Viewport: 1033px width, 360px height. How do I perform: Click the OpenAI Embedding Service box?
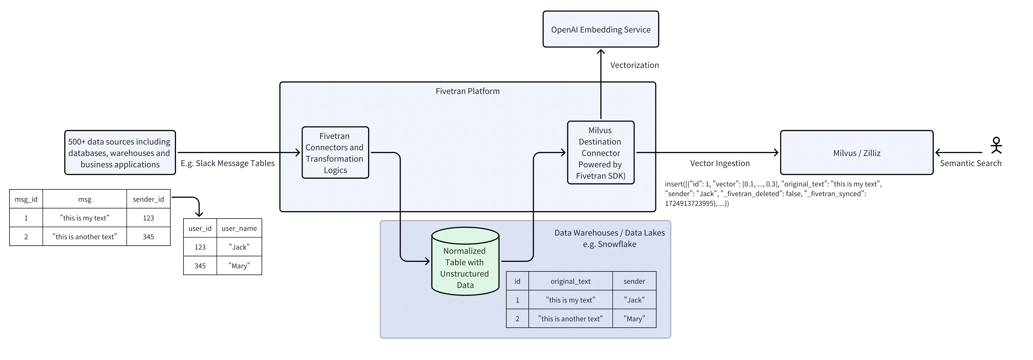click(600, 29)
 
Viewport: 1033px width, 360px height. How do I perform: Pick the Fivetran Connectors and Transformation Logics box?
click(335, 153)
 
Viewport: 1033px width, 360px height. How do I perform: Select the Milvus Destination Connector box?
click(600, 153)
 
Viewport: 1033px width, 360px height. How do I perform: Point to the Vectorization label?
click(634, 65)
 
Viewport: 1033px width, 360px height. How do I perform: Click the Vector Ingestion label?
click(719, 163)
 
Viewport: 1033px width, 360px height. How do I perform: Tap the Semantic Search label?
click(970, 163)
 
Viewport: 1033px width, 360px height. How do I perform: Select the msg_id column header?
click(26, 199)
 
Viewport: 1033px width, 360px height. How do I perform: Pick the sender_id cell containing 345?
click(148, 236)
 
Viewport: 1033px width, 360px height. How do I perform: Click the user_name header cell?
click(239, 228)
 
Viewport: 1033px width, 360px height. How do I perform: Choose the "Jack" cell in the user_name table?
click(239, 247)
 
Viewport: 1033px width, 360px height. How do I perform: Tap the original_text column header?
click(570, 281)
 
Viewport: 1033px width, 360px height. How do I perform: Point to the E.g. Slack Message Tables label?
click(227, 163)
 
